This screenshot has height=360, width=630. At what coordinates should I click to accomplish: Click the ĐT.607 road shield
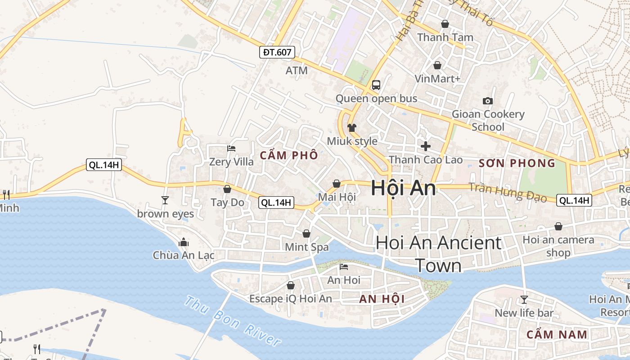point(277,52)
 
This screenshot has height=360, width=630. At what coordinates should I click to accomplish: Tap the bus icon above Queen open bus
point(376,85)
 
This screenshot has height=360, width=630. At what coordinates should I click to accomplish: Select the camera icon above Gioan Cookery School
point(487,101)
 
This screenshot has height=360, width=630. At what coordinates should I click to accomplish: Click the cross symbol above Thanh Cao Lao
point(426,146)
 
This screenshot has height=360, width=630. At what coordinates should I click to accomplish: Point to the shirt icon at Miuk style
point(352,128)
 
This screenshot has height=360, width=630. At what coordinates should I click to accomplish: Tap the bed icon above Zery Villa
point(231,148)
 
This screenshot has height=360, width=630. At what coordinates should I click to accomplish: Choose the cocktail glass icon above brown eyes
point(165,200)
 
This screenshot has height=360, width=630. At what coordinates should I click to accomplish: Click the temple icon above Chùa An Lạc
point(183,242)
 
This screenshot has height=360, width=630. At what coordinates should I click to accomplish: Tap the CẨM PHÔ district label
point(289,156)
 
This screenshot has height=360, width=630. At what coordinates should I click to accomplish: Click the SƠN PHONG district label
point(517,163)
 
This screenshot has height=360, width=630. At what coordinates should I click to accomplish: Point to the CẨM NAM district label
point(557,334)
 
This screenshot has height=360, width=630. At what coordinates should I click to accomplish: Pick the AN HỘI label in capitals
point(382,299)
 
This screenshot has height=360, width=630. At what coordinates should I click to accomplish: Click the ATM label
point(297,71)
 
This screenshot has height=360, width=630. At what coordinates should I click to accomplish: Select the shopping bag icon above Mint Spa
point(306,234)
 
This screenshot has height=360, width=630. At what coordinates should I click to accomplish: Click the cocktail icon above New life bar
point(524,299)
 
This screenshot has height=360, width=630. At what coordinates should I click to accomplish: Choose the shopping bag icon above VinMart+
point(437,65)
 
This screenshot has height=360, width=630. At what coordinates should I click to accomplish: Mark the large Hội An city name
point(403,188)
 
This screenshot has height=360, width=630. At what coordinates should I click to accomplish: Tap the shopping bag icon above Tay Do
point(227,189)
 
